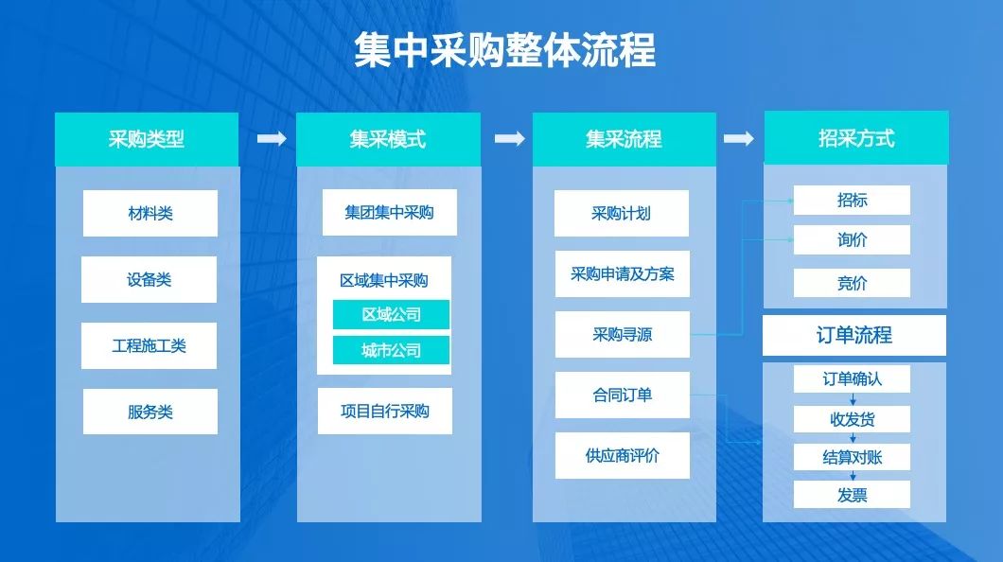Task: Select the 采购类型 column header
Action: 147,139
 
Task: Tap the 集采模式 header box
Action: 388,139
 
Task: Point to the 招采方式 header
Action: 855,138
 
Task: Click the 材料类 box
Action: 150,213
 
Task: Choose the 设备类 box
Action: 150,279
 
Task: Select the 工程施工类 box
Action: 150,345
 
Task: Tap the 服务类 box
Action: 150,412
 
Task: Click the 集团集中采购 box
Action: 389,213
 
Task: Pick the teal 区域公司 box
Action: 391,314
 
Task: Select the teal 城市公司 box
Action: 391,350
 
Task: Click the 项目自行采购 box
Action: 385,411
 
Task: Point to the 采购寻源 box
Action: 622,334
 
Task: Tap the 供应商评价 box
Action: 622,455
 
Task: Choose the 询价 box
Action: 852,239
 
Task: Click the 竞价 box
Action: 852,282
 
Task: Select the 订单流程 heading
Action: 854,335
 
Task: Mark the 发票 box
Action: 852,494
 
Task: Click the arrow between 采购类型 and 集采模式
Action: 272,139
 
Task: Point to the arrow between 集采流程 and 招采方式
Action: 739,139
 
